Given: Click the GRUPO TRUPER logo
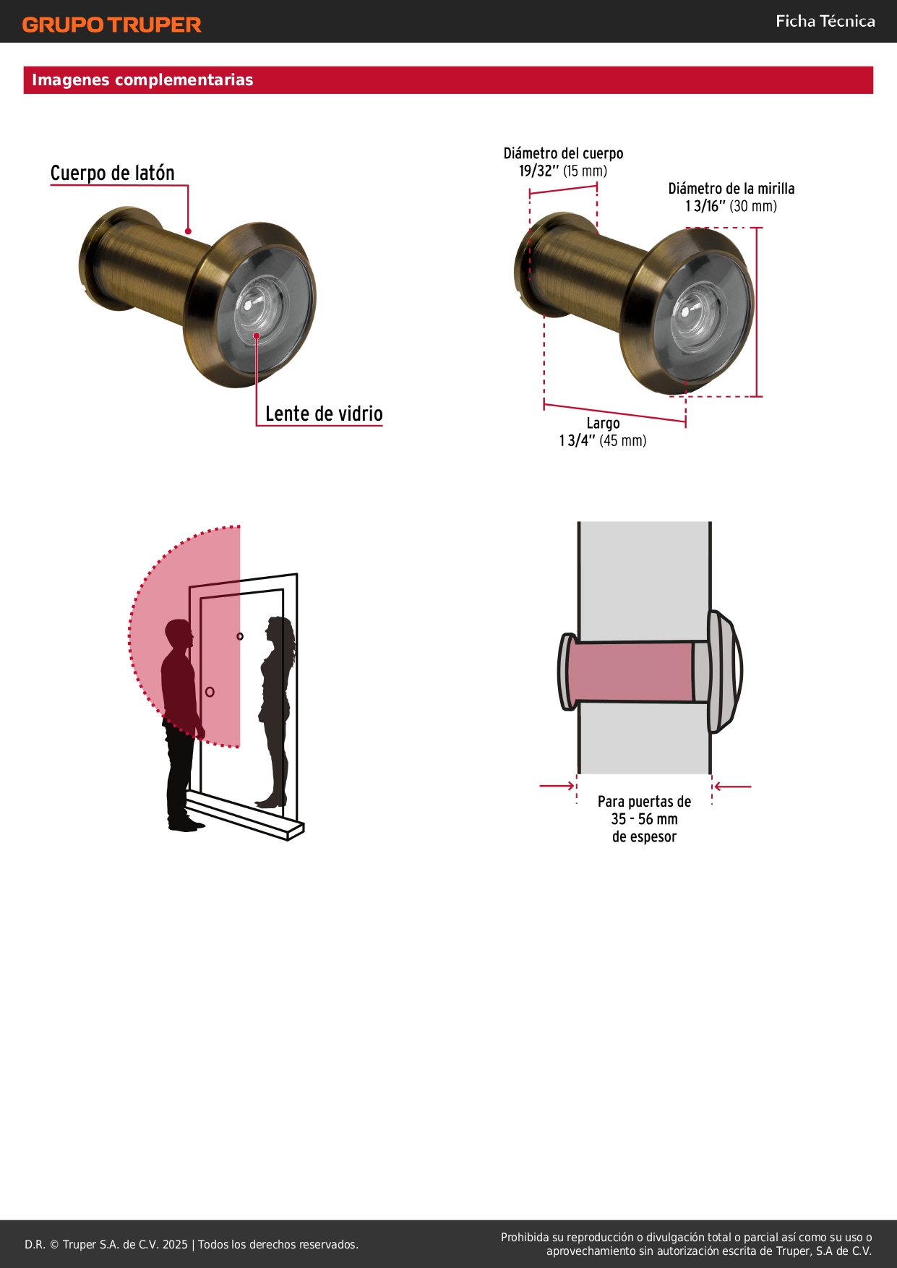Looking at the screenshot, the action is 111,25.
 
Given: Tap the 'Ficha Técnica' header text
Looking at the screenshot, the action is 825,21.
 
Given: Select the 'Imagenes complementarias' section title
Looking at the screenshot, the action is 142,80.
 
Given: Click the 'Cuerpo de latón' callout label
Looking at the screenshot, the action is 113,173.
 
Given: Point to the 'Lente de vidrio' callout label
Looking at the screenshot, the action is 324,414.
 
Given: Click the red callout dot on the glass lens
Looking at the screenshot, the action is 257,335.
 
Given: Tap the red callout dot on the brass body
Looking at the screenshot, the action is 188,231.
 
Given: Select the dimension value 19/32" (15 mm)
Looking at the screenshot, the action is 563,171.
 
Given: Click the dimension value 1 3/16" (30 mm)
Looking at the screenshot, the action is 731,206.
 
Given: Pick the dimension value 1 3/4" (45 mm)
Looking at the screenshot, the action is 603,440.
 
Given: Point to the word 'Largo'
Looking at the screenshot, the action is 603,424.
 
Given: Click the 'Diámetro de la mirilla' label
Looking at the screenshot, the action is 731,189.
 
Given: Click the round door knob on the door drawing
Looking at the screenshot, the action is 210,692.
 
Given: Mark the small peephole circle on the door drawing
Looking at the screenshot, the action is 240,636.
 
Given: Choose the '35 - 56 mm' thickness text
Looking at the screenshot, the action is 644,819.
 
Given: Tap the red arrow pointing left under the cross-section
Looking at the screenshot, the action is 732,787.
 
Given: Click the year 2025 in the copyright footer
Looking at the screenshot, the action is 175,1244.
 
